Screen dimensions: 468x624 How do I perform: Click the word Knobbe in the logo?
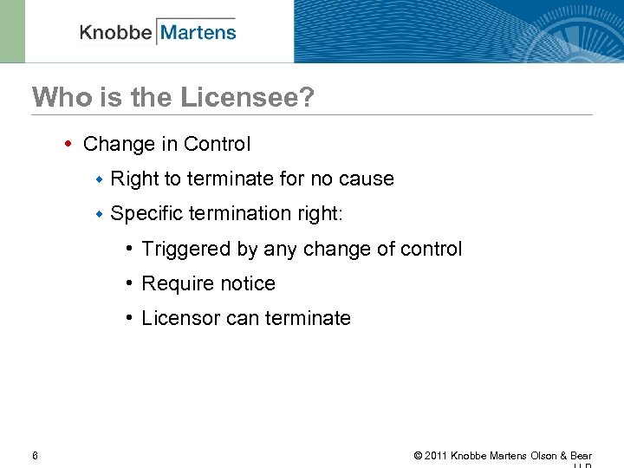click(115, 33)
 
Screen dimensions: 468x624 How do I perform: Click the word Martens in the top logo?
click(198, 33)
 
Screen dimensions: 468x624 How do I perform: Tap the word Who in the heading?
click(57, 97)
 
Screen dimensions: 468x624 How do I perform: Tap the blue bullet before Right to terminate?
click(100, 179)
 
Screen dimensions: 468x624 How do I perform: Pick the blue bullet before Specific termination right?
click(100, 213)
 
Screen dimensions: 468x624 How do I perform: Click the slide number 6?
click(35, 455)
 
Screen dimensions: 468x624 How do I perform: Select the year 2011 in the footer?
click(436, 456)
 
